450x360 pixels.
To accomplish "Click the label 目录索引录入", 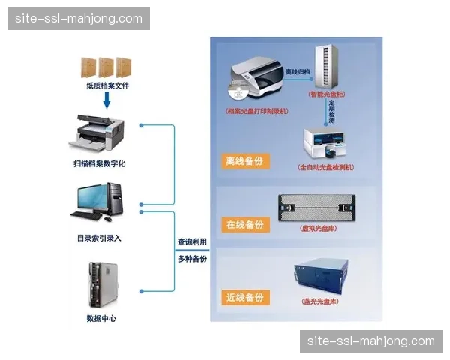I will [x=99, y=238].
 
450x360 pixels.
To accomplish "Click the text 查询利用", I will [x=192, y=242].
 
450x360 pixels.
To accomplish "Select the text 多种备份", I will [x=192, y=259].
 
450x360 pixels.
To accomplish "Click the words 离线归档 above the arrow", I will [x=298, y=72].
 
